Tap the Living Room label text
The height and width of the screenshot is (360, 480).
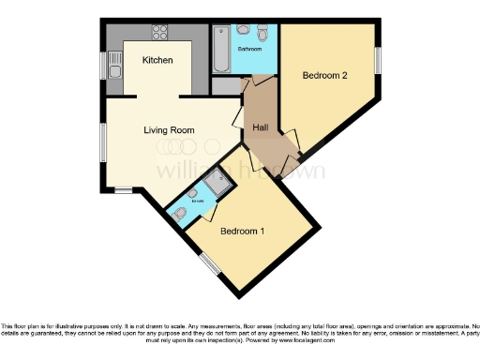pyautogui.click(x=169, y=130)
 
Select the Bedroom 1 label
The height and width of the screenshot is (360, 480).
pyautogui.click(x=242, y=231)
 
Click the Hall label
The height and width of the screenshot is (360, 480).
pyautogui.click(x=262, y=128)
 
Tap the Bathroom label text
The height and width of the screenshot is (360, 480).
pyautogui.click(x=248, y=47)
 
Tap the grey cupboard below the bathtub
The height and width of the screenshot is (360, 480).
pyautogui.click(x=226, y=85)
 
